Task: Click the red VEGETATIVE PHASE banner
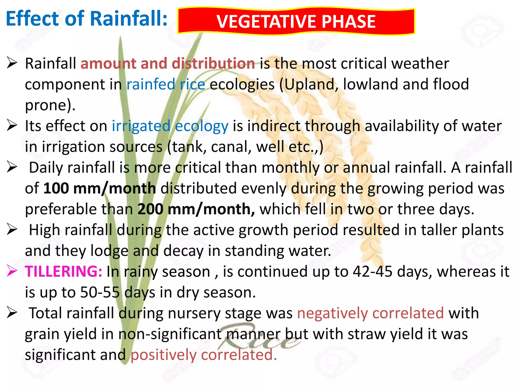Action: click(296, 21)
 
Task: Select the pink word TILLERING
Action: click(63, 271)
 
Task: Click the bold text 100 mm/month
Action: click(100, 189)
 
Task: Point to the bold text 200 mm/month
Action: click(196, 209)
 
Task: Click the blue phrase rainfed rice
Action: click(165, 85)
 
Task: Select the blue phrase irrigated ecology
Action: click(170, 126)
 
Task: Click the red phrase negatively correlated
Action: click(370, 313)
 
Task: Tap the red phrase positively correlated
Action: click(203, 355)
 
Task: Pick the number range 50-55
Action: click(100, 292)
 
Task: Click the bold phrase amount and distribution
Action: click(168, 63)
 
